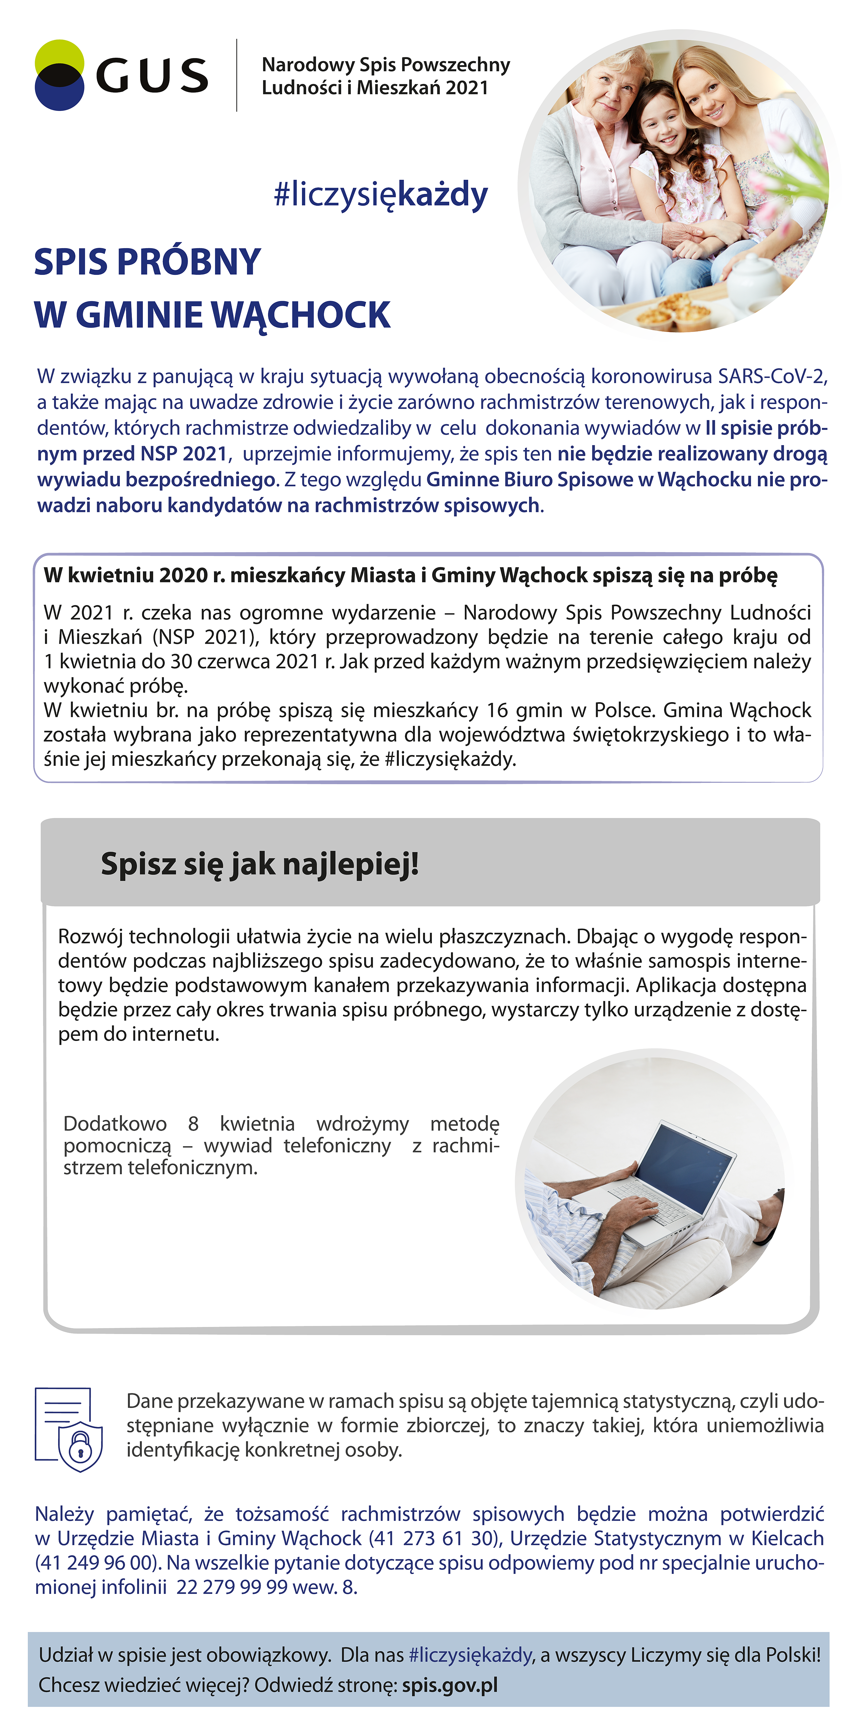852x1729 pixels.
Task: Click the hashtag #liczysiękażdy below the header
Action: [x=380, y=195]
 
